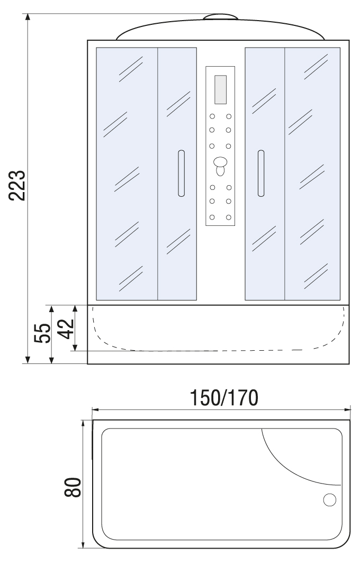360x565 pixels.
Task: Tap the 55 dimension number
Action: pyautogui.click(x=42, y=333)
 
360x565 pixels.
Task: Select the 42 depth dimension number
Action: pyautogui.click(x=66, y=329)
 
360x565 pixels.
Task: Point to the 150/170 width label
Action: pyautogui.click(x=224, y=398)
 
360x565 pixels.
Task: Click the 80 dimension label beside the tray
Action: pyautogui.click(x=73, y=488)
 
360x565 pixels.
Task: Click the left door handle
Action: pyautogui.click(x=181, y=174)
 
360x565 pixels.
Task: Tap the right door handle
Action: pyautogui.click(x=261, y=174)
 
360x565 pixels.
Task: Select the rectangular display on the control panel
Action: pyautogui.click(x=220, y=90)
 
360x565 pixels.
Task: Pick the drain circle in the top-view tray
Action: pyautogui.click(x=329, y=500)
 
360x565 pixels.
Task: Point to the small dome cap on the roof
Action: pyautogui.click(x=220, y=16)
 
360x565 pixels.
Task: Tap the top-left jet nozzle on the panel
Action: pyautogui.click(x=212, y=116)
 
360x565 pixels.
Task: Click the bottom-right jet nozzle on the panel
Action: pyautogui.click(x=228, y=217)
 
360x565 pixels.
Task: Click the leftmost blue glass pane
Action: pyautogui.click(x=127, y=174)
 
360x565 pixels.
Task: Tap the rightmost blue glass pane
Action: pyautogui.click(x=312, y=174)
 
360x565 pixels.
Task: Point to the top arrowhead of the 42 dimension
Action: pyautogui.click(x=75, y=309)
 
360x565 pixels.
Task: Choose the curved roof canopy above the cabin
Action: pyautogui.click(x=220, y=29)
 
